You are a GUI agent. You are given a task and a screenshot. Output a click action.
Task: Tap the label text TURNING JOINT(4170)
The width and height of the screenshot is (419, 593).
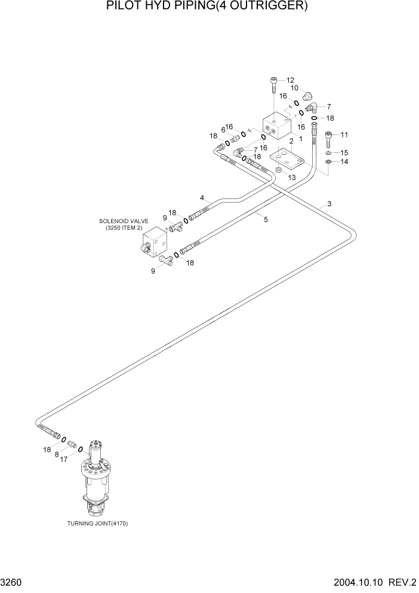[x=98, y=524]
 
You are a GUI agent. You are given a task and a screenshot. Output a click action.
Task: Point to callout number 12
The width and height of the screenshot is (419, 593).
[x=290, y=80]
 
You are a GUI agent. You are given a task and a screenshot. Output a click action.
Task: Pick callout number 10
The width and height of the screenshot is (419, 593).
[x=294, y=88]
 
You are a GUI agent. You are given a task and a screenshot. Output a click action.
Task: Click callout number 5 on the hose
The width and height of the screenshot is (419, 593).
[x=266, y=219]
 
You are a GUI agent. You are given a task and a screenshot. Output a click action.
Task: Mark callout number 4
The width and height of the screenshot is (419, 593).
[x=202, y=197]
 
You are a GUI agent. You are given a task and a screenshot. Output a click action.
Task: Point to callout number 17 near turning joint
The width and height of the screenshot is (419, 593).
[x=64, y=459]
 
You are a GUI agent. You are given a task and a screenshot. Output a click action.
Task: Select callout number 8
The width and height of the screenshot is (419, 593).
[x=57, y=454]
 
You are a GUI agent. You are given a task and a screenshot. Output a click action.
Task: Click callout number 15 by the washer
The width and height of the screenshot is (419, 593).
[x=343, y=152]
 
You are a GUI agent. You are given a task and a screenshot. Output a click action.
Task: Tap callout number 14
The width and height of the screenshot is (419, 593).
[x=343, y=161]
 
